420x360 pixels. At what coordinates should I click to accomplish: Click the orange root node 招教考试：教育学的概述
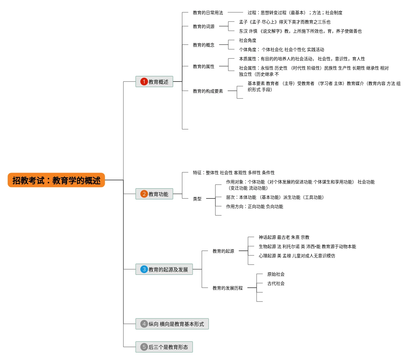pyautogui.click(x=56, y=180)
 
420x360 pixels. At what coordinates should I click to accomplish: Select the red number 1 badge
pyautogui.click(x=144, y=82)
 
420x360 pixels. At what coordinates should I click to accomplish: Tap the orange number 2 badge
pyautogui.click(x=144, y=194)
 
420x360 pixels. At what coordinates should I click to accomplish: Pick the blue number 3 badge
pyautogui.click(x=144, y=269)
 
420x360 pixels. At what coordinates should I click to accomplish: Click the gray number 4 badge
pyautogui.click(x=144, y=324)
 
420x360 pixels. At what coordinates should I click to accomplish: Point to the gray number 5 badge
pyautogui.click(x=144, y=347)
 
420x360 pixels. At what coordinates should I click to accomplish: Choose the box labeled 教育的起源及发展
pyautogui.click(x=164, y=269)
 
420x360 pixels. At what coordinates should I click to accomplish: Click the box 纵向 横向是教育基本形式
pyautogui.click(x=172, y=324)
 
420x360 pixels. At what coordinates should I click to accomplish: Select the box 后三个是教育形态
pyautogui.click(x=164, y=347)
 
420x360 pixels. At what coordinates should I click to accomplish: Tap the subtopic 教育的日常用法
pyautogui.click(x=208, y=13)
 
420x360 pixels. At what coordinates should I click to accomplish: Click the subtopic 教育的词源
pyautogui.click(x=204, y=26)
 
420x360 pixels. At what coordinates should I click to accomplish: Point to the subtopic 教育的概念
pyautogui.click(x=204, y=45)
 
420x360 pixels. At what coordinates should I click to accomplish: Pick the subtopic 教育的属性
pyautogui.click(x=204, y=66)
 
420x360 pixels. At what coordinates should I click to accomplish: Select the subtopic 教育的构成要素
pyautogui.click(x=208, y=91)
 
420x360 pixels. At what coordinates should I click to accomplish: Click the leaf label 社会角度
pyautogui.click(x=247, y=40)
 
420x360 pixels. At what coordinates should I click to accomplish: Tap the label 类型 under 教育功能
pyautogui.click(x=197, y=199)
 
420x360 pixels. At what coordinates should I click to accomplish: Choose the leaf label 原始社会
pyautogui.click(x=276, y=274)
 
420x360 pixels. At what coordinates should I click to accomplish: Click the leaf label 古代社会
pyautogui.click(x=276, y=283)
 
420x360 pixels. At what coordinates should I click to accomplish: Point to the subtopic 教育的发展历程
pyautogui.click(x=228, y=288)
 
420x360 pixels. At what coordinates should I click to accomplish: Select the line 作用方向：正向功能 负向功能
pyautogui.click(x=254, y=206)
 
